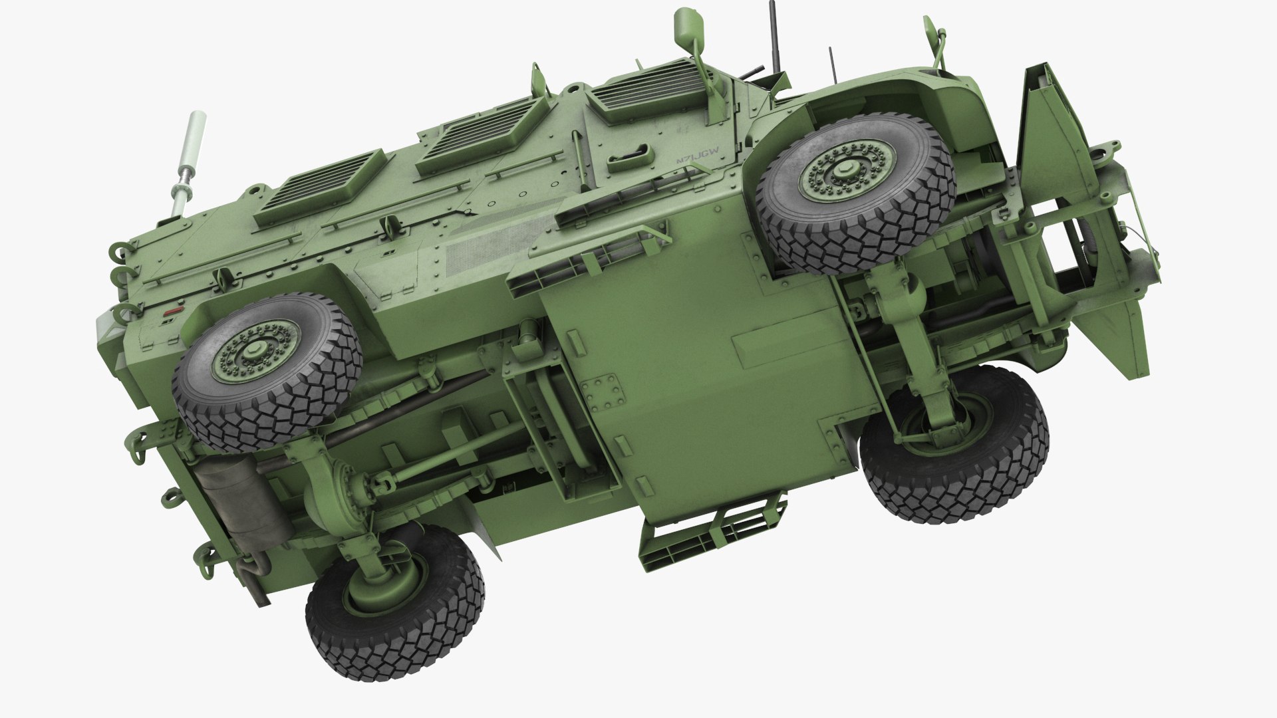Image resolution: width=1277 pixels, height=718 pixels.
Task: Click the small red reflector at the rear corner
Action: (x=175, y=310)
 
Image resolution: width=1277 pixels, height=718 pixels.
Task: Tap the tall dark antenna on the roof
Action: (x=774, y=40)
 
